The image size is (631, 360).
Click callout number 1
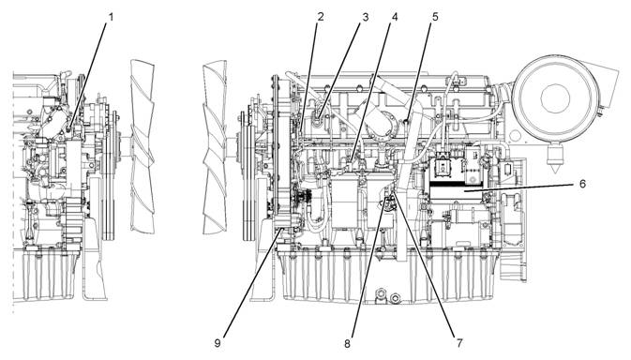point(111,17)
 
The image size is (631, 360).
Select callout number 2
point(321,17)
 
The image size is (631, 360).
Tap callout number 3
point(366,17)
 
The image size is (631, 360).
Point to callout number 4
point(395,17)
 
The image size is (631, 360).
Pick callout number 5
point(435,17)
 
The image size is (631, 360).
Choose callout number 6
point(582,184)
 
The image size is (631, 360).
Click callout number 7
point(459,343)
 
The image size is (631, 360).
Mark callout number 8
point(347,344)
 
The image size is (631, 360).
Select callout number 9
point(218,344)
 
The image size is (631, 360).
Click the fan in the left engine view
point(143,146)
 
